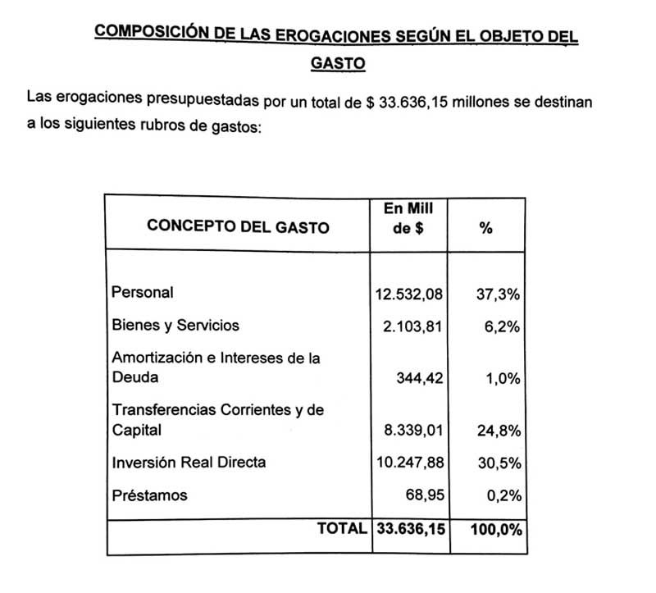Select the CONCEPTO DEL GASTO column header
pos(238,227)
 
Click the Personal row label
pos(143,292)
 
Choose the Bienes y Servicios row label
pos(175,325)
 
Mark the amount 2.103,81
pos(414,326)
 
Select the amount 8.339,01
pos(414,430)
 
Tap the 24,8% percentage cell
pos(498,430)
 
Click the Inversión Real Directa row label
pos(189,463)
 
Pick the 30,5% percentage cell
pos(498,463)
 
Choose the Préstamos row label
pos(149,495)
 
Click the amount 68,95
pos(426,495)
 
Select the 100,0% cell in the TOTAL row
pos(496,530)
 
